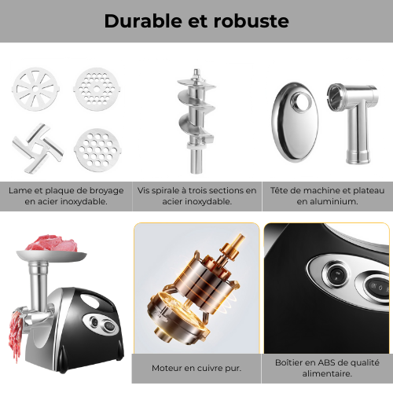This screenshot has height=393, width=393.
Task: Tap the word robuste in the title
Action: point(250,21)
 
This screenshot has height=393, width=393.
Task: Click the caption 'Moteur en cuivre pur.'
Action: point(196,367)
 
